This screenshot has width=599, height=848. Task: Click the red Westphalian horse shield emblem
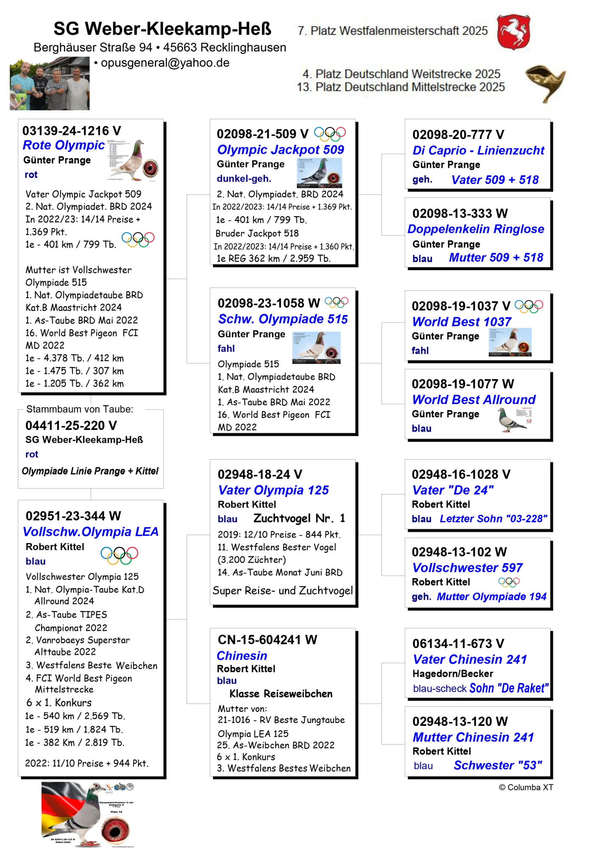513,31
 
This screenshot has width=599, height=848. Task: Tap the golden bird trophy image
545,83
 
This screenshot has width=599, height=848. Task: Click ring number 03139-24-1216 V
72,131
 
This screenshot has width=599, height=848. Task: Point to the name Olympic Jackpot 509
280,150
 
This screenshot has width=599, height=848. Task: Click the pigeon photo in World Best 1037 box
510,342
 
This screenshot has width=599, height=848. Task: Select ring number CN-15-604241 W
267,640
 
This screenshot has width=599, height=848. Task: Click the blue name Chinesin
242,656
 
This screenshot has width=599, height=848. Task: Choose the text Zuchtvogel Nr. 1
299,518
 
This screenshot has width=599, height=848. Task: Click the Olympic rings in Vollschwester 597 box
509,582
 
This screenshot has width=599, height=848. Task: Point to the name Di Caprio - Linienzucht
478,151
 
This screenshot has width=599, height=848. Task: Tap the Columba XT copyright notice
526,787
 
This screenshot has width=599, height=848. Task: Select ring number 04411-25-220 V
71,425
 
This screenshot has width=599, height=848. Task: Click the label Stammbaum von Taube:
80,409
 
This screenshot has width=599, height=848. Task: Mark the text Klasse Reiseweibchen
281,694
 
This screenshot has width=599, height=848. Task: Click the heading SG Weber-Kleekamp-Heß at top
162,29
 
